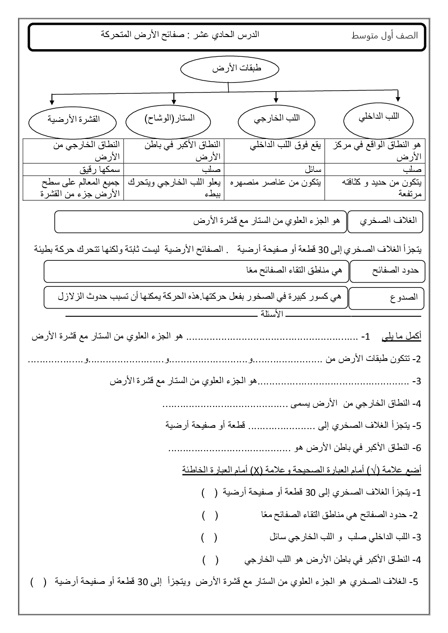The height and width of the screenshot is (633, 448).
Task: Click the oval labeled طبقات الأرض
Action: tap(229, 69)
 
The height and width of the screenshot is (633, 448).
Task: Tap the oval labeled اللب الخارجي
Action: tap(276, 120)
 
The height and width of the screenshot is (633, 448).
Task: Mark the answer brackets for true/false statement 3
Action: tap(209, 537)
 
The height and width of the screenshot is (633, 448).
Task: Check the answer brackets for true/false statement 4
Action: tap(210, 560)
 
